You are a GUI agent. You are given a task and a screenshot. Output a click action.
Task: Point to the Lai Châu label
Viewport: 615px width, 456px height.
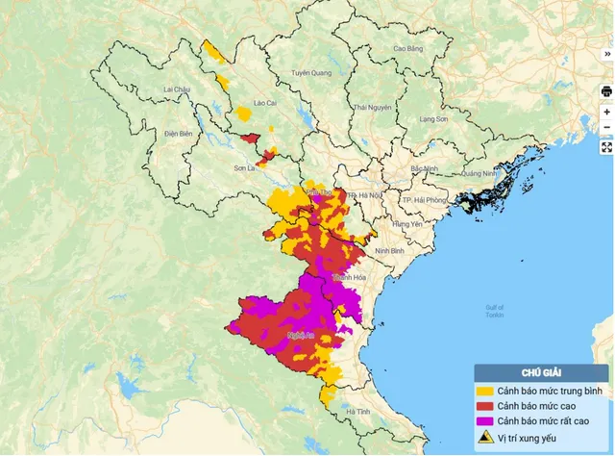(179, 89)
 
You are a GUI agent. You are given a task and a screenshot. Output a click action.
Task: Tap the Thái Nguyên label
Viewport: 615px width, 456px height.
(373, 107)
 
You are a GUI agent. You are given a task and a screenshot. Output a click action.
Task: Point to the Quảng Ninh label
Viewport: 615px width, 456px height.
(478, 174)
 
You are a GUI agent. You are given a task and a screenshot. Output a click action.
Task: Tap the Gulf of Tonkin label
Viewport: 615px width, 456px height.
(495, 312)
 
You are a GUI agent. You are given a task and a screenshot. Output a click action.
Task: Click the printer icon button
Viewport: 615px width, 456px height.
(606, 91)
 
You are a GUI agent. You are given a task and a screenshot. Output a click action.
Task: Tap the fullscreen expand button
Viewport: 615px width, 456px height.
(606, 147)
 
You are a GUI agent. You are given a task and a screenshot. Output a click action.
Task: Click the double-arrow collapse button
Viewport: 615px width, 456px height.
(606, 55)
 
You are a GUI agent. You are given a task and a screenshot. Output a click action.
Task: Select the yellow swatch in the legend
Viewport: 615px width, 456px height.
(486, 392)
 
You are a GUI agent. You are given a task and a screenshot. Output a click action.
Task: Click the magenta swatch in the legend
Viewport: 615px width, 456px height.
(486, 421)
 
